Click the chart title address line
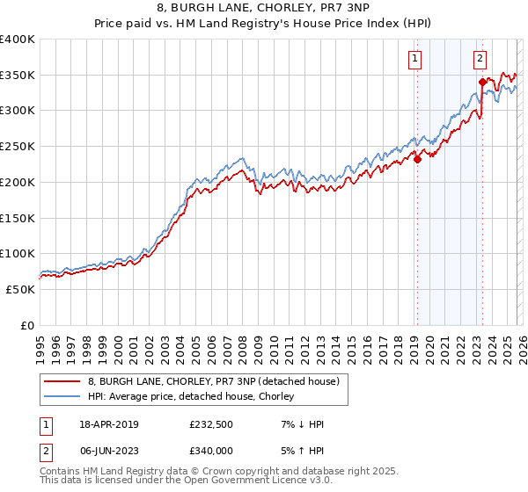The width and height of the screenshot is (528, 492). [263, 10]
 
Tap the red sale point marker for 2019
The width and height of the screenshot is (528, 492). [417, 159]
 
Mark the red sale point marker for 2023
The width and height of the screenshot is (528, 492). [482, 83]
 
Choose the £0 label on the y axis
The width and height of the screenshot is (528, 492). [26, 325]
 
